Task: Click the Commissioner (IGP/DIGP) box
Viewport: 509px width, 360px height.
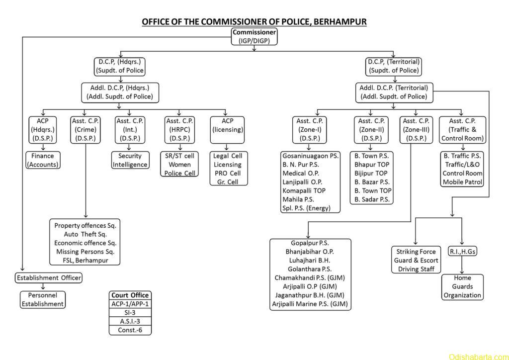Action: [x=254, y=37]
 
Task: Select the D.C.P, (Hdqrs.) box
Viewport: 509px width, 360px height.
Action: [x=120, y=66]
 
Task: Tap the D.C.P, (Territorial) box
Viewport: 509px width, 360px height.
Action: [x=394, y=66]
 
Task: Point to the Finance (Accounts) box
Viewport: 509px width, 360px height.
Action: [x=42, y=160]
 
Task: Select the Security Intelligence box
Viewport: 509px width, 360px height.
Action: [x=130, y=160]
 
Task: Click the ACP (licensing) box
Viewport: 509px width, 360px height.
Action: [x=227, y=125]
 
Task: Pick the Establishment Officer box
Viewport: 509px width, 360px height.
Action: [x=49, y=277]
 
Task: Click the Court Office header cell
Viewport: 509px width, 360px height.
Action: [x=130, y=295]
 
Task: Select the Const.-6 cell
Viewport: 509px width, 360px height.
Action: [x=130, y=329]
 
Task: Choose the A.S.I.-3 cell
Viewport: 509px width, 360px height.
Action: [x=130, y=321]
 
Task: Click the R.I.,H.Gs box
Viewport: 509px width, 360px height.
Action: [x=462, y=252]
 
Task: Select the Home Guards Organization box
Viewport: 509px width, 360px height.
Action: [x=462, y=286]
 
